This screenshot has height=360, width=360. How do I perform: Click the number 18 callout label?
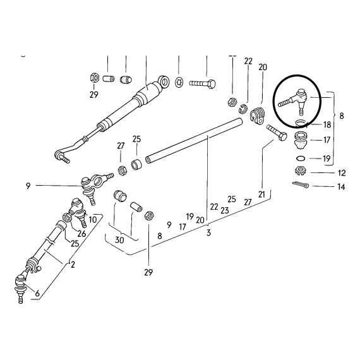(327, 124)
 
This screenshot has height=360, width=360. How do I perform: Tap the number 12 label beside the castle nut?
(342, 173)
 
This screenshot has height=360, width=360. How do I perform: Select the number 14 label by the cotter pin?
(341, 187)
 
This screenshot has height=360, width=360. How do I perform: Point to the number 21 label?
(261, 195)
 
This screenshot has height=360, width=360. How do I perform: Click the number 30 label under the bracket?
(119, 240)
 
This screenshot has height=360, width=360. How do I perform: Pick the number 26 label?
(81, 234)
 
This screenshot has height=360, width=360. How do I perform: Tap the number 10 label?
(93, 220)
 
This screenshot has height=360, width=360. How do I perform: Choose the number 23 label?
(225, 210)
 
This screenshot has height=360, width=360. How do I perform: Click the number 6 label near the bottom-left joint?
(37, 293)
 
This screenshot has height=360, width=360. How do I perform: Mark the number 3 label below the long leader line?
(208, 233)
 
